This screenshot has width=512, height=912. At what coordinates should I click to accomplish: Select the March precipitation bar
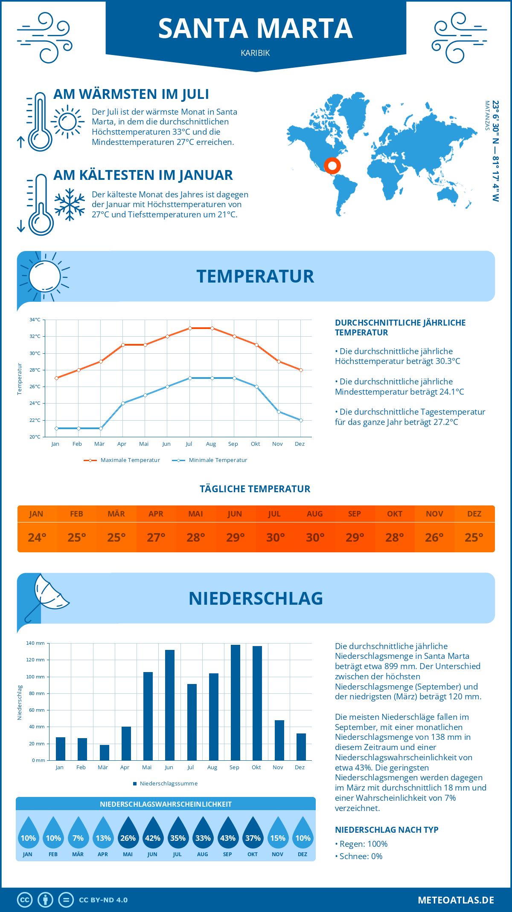[104, 753]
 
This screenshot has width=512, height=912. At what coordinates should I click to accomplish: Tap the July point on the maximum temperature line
[190, 328]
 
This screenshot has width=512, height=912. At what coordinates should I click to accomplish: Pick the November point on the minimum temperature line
[279, 412]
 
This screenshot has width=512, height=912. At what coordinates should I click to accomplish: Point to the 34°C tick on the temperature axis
[35, 320]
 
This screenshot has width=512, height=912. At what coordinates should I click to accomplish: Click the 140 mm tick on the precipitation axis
[35, 643]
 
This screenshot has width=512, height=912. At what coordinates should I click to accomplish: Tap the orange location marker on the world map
[332, 165]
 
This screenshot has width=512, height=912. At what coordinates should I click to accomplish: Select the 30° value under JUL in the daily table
[275, 537]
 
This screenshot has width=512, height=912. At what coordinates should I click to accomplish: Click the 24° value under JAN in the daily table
[37, 537]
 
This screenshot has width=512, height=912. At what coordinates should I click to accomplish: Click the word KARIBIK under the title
[255, 53]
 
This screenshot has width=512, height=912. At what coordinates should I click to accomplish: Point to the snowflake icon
[70, 205]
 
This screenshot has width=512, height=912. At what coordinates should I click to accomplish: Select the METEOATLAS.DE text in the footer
[456, 900]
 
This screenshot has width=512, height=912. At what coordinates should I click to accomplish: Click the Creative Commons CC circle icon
[25, 900]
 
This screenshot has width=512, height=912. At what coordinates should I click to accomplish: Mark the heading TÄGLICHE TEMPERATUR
[255, 489]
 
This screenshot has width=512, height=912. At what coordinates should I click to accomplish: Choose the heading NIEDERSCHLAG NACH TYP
[387, 830]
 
